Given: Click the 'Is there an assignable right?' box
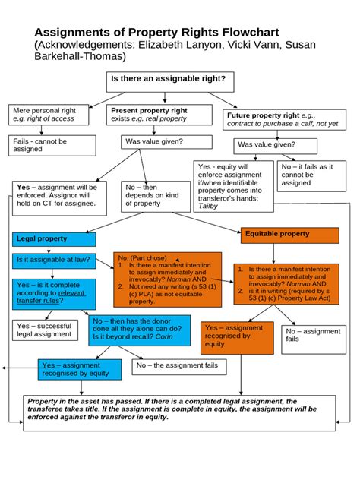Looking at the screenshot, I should tap(169, 79).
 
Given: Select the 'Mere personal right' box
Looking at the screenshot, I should tap(51, 115).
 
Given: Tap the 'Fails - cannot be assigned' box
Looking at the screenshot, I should tap(52, 144).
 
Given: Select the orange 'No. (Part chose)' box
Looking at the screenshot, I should tap(166, 279).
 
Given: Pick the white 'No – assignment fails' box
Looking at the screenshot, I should tap(312, 336).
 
